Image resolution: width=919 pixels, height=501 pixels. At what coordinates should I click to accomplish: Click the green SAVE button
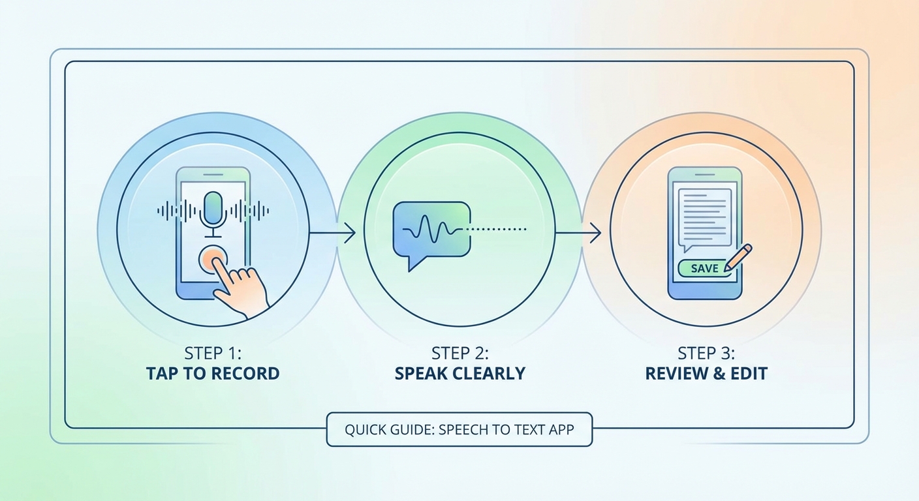pos(704,268)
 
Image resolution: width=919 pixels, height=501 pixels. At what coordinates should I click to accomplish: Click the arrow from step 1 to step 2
pos(333,232)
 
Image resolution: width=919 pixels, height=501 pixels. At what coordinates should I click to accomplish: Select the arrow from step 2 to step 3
pos(578,232)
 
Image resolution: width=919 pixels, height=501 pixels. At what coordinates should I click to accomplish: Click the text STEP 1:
pos(213,354)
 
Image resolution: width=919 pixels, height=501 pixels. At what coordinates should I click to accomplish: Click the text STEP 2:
pos(459,354)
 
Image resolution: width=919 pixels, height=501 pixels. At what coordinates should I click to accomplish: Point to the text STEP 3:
pos(706,354)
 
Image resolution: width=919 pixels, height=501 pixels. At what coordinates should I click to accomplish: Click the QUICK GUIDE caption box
pos(459,430)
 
